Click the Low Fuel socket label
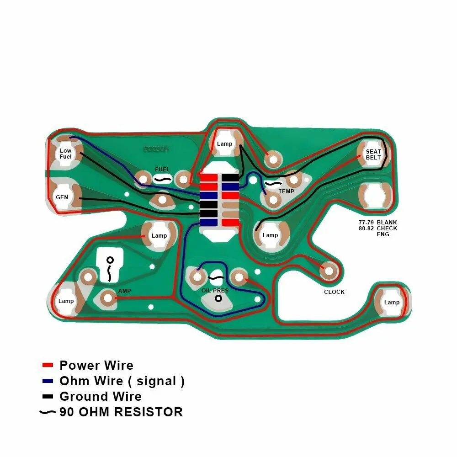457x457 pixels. [66, 154]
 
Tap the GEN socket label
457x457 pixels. [62, 197]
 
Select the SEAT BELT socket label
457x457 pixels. [373, 154]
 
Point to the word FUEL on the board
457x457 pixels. [162, 170]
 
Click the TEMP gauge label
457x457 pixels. [287, 191]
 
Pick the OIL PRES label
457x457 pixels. [215, 291]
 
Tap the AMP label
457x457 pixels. [124, 291]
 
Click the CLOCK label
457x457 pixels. [334, 292]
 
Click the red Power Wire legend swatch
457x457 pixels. [48, 365]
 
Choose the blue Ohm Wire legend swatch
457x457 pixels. [48, 381]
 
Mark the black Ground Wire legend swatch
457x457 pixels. [48, 396]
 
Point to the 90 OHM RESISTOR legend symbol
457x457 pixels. [48, 412]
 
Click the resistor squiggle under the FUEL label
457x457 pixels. [162, 180]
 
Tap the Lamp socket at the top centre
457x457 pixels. [224, 143]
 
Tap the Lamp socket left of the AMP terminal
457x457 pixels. [66, 301]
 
